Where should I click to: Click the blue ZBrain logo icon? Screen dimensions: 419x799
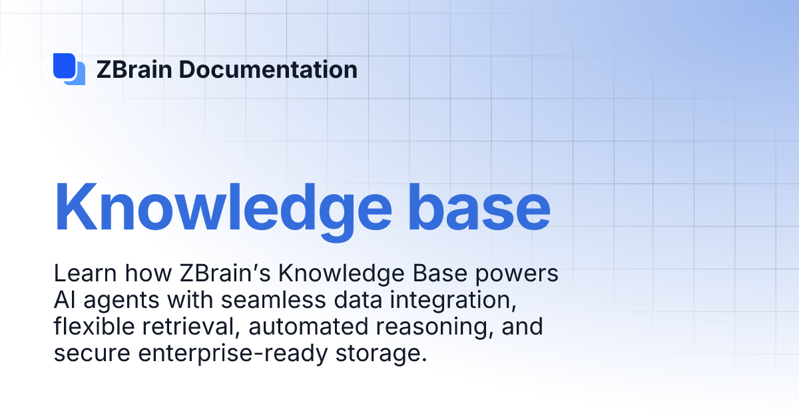(x=69, y=69)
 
